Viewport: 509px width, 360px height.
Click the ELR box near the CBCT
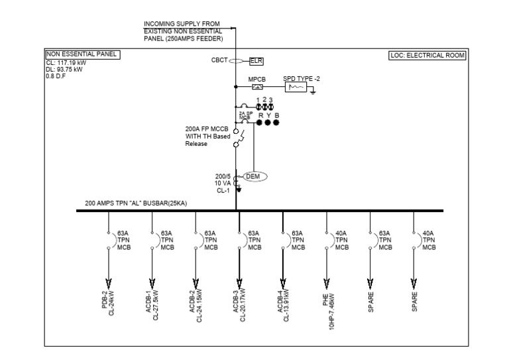[x=256, y=61]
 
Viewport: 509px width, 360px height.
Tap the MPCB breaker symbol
[x=257, y=87]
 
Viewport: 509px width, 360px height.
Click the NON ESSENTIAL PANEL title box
[x=82, y=54]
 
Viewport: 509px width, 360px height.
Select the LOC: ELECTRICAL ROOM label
[x=427, y=55]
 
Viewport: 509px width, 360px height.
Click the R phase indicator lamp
[x=260, y=122]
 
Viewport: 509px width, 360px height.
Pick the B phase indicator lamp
[x=276, y=122]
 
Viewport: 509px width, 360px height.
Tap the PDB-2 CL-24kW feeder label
[x=108, y=302]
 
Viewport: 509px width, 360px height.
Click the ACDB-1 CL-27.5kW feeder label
[x=152, y=303]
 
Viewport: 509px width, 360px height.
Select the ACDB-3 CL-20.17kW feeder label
[x=239, y=303]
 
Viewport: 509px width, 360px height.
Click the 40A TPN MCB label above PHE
[x=341, y=240]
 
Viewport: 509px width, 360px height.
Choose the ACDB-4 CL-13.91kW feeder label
[x=283, y=303]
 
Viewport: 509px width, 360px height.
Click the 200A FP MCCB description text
[x=207, y=137]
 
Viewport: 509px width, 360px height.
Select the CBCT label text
[x=219, y=60]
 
